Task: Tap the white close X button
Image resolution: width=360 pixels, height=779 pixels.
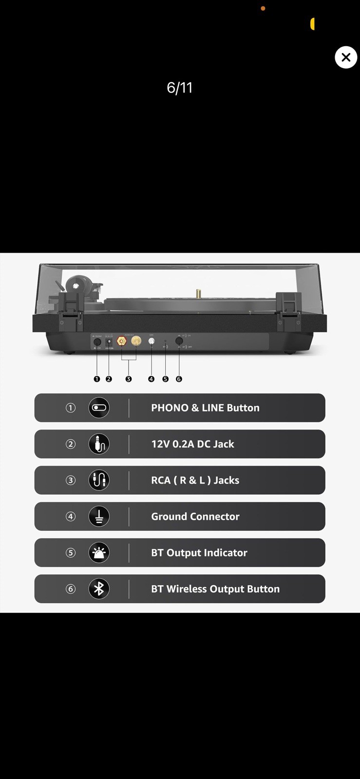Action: tap(346, 57)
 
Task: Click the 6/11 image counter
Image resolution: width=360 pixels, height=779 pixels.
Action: tap(180, 88)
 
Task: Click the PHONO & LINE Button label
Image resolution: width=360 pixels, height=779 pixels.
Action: tap(205, 408)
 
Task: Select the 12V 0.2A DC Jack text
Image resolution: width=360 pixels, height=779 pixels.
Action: tap(192, 444)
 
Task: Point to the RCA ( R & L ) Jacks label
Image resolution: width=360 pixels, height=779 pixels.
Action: tap(195, 480)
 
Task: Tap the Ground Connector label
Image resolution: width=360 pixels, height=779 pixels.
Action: tap(195, 517)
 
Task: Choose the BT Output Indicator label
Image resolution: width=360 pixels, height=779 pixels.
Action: tap(199, 553)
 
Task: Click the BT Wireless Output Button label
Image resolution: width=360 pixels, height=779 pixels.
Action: tap(215, 589)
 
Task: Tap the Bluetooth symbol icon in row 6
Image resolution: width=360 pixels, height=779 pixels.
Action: tap(99, 589)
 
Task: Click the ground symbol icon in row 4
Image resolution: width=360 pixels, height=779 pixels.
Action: tap(99, 517)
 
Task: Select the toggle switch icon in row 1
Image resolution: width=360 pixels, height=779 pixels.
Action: tap(99, 408)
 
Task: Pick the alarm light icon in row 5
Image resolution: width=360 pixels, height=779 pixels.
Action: tap(99, 553)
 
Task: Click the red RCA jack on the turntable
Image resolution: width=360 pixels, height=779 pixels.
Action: tap(121, 341)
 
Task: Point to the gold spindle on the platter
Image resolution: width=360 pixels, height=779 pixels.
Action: tap(198, 294)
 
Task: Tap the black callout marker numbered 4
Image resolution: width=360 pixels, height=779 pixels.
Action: tap(151, 379)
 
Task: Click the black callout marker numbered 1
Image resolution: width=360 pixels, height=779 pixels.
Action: tap(96, 379)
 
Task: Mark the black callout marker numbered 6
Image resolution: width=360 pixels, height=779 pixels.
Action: tap(179, 379)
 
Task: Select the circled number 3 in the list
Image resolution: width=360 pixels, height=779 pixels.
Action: tap(71, 480)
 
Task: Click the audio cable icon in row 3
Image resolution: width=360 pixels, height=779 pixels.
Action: tap(99, 480)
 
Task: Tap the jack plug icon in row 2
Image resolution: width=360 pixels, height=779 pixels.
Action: tap(99, 444)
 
